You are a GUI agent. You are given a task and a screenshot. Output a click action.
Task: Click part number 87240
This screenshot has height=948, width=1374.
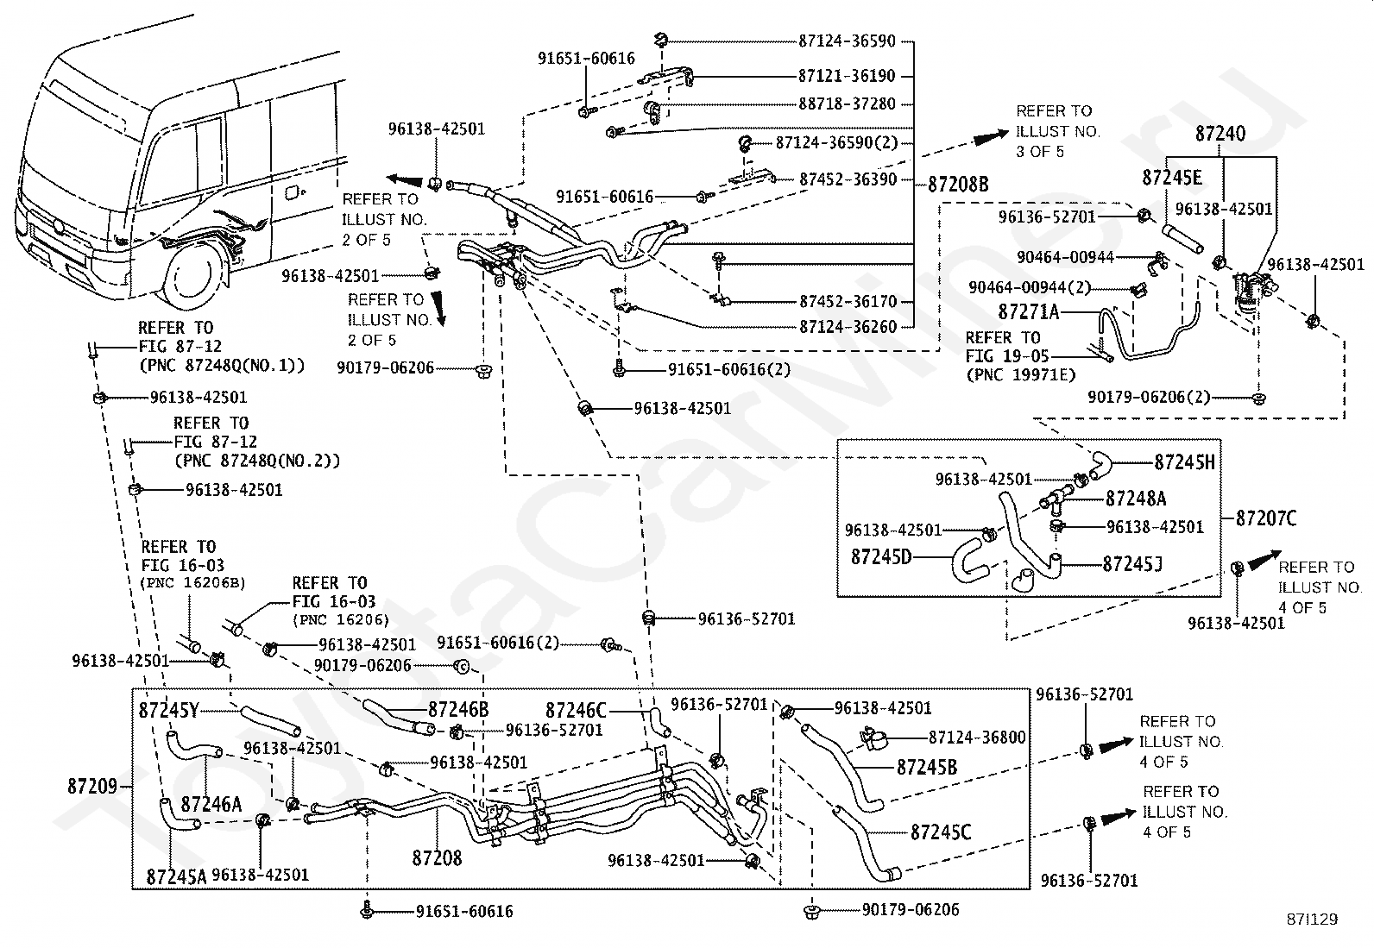1220,134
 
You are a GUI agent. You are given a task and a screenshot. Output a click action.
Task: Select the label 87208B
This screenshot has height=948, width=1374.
958,184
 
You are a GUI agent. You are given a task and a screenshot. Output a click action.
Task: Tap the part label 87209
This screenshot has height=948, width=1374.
91,787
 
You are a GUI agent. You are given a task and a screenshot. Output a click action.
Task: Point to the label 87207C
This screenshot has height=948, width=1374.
1266,518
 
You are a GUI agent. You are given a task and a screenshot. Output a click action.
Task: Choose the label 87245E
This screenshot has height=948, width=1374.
1171,178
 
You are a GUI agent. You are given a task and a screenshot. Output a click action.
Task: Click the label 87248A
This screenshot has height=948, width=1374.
1136,499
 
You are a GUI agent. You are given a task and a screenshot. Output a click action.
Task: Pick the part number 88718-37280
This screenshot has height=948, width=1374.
847,104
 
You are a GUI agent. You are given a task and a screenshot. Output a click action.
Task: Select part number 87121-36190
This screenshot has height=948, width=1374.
847,76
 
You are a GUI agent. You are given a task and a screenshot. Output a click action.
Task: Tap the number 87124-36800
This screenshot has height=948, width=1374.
977,738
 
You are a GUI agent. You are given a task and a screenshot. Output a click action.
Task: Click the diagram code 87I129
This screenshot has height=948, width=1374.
1312,920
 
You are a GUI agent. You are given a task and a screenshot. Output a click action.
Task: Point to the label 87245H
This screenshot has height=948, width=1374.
1184,462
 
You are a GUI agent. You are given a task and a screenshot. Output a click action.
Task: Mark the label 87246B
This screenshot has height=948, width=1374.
458,709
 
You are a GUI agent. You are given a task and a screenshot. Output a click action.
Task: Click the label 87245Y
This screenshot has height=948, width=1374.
169,711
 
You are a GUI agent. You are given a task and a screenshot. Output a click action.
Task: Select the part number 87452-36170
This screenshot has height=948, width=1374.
848,302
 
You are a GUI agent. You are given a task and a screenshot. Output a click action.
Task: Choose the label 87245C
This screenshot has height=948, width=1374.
941,832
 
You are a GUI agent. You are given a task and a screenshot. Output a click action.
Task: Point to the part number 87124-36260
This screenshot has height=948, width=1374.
848,327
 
